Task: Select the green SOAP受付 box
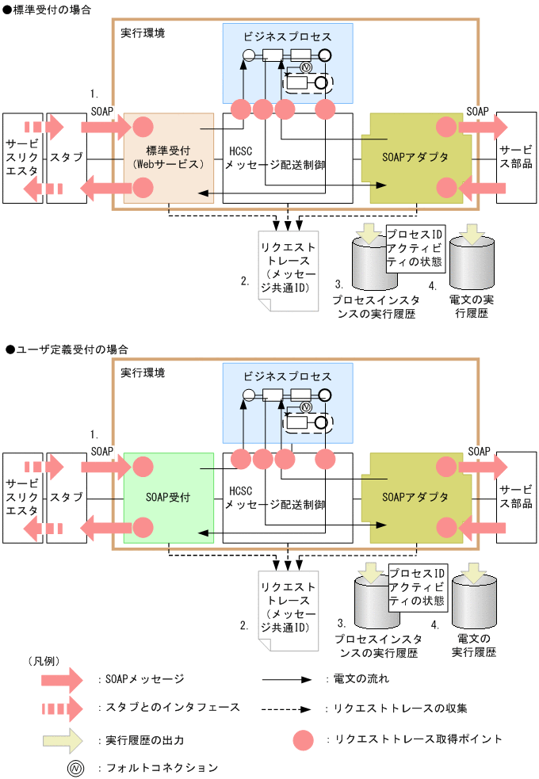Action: click(168, 498)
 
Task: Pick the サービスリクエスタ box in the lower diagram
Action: click(21, 498)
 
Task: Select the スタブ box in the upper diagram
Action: click(67, 157)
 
